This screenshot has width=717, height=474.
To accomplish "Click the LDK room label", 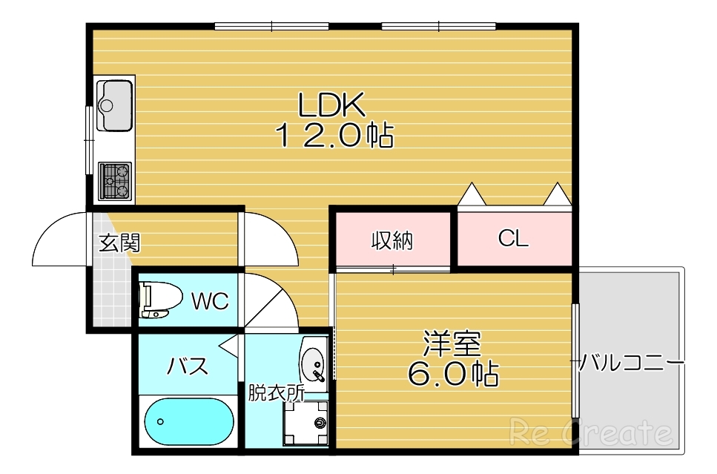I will tap(331, 106).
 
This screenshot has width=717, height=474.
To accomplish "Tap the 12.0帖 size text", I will tap(334, 136).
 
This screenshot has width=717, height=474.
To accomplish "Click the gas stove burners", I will tap(114, 180).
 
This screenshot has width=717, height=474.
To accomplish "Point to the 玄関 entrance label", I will tap(120, 243).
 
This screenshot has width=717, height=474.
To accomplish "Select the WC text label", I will tap(210, 301).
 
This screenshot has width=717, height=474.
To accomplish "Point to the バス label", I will tap(187, 366).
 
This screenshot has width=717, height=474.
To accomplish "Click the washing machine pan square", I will tap(305, 424).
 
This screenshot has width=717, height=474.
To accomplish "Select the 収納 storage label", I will tap(391, 240).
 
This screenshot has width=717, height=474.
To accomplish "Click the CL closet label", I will tap(513, 239).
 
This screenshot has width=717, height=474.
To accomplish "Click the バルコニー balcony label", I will tap(631, 363).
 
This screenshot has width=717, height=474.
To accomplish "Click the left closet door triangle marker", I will tap(472, 195).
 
